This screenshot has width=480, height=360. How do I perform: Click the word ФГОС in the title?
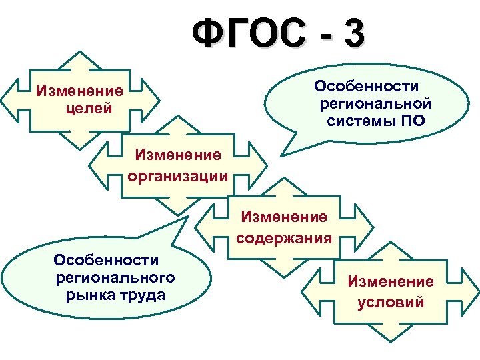(x=246, y=33)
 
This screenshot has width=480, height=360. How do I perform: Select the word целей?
(x=89, y=107)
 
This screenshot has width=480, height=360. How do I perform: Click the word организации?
(x=177, y=176)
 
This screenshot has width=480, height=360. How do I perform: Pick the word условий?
(x=390, y=302)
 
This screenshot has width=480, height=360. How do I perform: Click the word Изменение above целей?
(x=80, y=90)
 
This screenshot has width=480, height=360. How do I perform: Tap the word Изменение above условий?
(x=390, y=282)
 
